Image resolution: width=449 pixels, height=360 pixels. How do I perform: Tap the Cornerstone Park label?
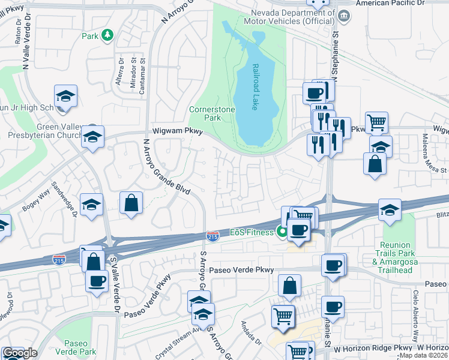(x=205, y=114)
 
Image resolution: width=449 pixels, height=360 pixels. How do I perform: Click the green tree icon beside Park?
(x=107, y=35)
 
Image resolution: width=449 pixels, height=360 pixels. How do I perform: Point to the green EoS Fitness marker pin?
(x=282, y=232)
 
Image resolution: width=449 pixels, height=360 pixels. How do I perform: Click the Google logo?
(x=19, y=353)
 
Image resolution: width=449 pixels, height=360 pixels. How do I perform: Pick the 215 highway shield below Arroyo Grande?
(x=212, y=236)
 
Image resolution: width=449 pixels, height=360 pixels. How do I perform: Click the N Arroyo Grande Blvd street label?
(x=166, y=167)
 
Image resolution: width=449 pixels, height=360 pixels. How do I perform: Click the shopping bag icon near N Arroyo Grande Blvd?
(x=131, y=203)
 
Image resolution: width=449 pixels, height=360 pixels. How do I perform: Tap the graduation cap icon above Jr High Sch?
(x=66, y=95)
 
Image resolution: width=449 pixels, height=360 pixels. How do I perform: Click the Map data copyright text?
(x=423, y=355)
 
